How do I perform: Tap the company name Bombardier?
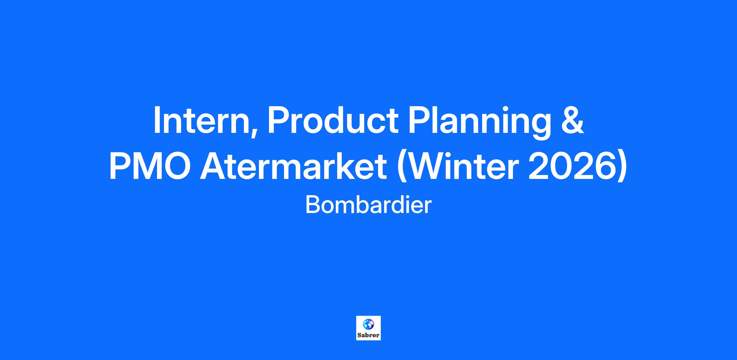pyautogui.click(x=368, y=205)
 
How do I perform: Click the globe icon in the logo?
pyautogui.click(x=368, y=324)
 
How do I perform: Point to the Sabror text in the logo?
pyautogui.click(x=368, y=335)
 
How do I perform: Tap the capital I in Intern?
pyautogui.click(x=156, y=120)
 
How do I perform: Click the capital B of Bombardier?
pyautogui.click(x=312, y=205)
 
